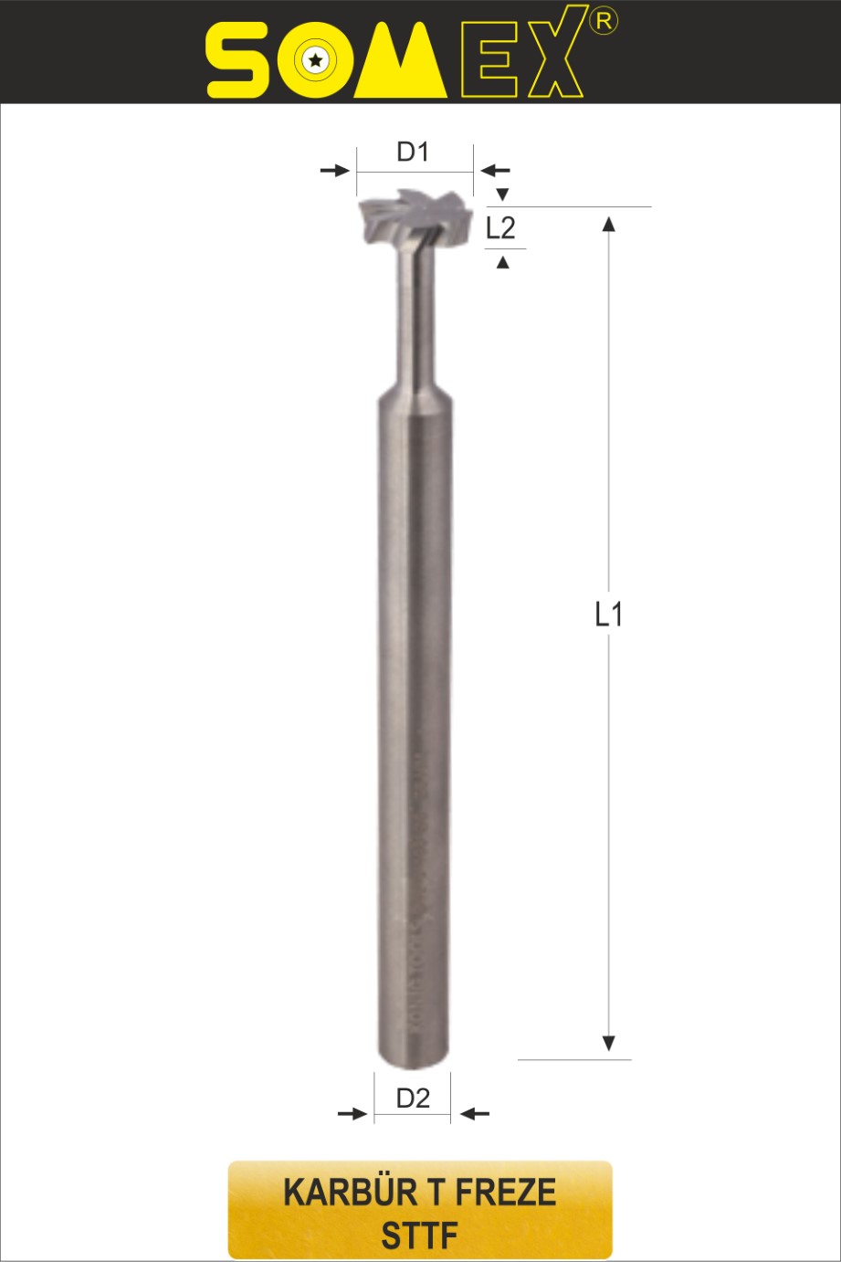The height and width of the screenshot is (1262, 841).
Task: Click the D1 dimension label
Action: coord(413,152)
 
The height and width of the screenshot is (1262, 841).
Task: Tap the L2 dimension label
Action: coord(500,228)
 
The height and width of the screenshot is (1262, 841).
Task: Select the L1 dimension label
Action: coord(609,614)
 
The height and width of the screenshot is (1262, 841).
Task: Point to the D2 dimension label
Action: coord(413,1098)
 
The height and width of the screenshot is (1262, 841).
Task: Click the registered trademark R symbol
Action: coord(604,21)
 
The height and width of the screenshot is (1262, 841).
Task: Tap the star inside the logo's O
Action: coord(315,60)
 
